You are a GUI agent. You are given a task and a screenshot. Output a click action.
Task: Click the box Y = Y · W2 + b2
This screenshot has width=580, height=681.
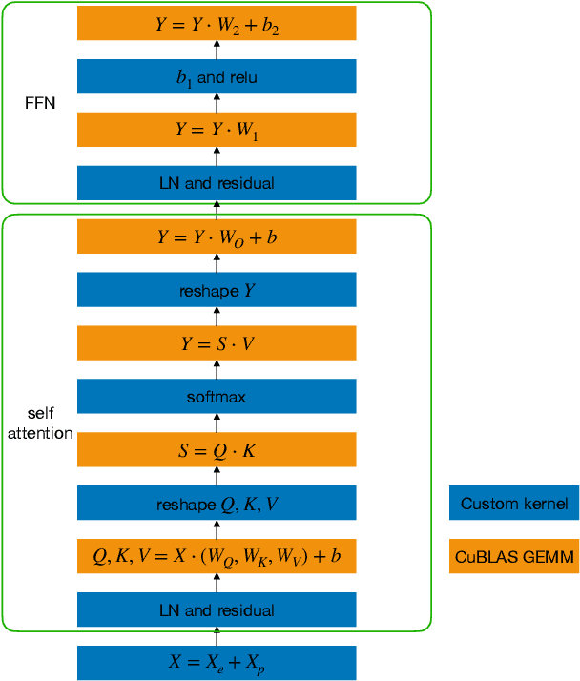click(x=217, y=24)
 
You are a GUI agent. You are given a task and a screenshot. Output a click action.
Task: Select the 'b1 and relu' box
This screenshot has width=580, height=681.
click(x=217, y=77)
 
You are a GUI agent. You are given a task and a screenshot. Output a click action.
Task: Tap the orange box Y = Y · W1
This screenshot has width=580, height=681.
click(x=217, y=131)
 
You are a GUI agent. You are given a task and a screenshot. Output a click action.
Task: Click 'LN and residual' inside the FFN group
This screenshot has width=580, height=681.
click(x=217, y=183)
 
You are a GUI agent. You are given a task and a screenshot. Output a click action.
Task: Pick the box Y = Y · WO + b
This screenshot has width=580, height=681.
click(x=217, y=237)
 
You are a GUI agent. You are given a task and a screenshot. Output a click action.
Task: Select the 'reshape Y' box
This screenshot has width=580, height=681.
click(x=217, y=291)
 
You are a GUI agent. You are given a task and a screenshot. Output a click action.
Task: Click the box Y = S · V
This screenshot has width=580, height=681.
click(x=217, y=343)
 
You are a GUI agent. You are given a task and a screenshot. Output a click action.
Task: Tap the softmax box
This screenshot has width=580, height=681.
click(x=217, y=397)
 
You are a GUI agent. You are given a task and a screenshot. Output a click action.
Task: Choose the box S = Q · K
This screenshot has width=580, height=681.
click(x=217, y=450)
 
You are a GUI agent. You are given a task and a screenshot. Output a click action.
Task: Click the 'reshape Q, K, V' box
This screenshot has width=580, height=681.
click(x=217, y=504)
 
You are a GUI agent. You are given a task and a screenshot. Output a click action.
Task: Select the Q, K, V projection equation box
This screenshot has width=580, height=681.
click(x=217, y=557)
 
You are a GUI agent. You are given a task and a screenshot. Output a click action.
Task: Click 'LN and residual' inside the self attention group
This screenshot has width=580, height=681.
click(x=217, y=610)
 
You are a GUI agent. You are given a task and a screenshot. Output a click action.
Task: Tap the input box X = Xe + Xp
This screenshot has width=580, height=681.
click(x=217, y=663)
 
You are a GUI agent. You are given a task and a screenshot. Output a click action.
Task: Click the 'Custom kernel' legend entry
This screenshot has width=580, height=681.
click(x=513, y=504)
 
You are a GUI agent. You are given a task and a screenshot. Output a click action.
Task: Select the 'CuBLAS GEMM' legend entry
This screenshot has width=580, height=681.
click(x=513, y=557)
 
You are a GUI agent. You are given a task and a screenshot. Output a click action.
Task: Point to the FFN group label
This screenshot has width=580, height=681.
click(x=40, y=103)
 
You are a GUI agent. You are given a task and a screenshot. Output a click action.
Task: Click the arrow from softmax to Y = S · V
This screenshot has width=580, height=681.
click(x=217, y=370)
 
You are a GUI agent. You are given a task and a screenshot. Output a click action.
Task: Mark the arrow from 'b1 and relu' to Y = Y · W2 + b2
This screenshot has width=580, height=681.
click(x=217, y=51)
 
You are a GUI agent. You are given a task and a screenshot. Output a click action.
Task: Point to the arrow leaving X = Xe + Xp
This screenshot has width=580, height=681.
click(x=217, y=636)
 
